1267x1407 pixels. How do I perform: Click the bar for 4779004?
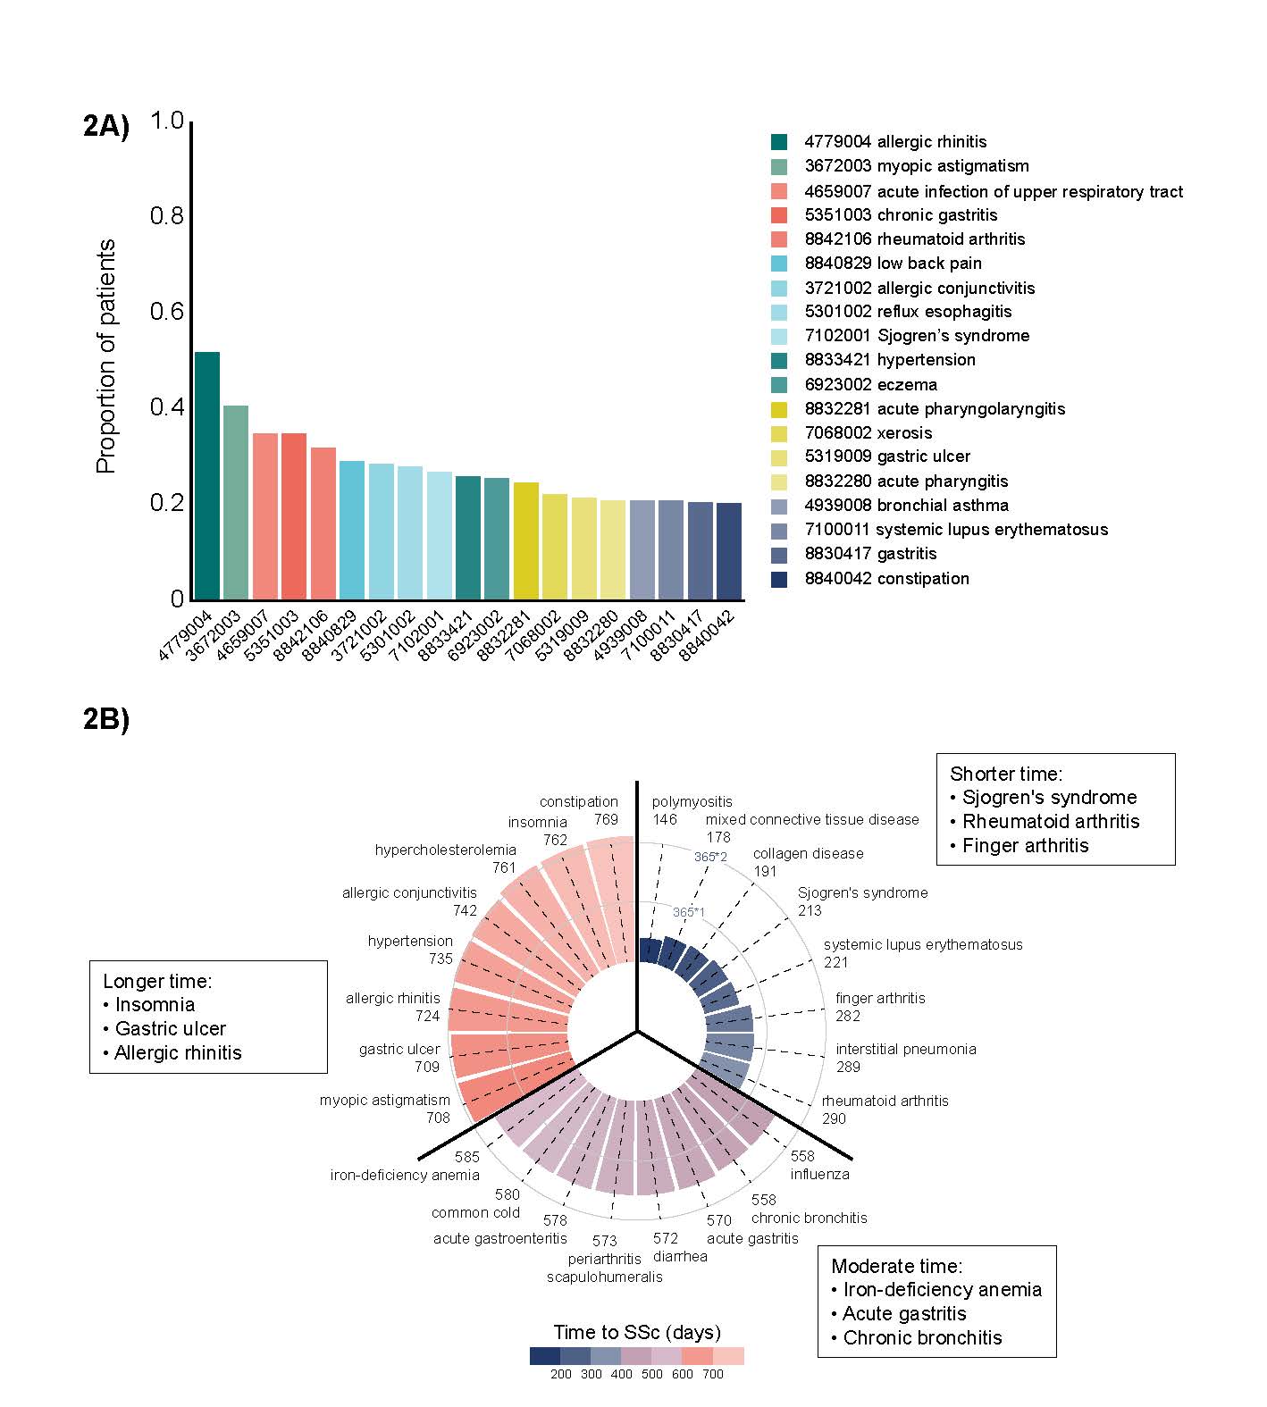pos(206,475)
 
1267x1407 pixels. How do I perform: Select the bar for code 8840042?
pos(728,550)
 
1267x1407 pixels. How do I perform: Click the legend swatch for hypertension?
pos(779,360)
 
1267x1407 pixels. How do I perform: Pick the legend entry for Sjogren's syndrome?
pos(917,336)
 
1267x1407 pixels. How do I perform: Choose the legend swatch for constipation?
pos(779,578)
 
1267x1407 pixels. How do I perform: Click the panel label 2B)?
pos(106,719)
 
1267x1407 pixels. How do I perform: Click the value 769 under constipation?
pos(606,819)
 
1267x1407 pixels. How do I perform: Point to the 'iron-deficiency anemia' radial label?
pos(405,1175)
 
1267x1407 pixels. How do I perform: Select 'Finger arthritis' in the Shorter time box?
pos(1025,845)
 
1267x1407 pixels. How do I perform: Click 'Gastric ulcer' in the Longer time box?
pos(170,1028)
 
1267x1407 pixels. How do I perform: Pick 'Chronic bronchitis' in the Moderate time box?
pos(922,1337)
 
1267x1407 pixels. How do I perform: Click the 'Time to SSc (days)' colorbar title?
pos(636,1332)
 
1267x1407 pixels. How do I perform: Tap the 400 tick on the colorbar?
pos(621,1374)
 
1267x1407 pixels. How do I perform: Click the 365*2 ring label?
pos(710,857)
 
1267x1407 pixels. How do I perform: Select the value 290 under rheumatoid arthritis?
pos(834,1118)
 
